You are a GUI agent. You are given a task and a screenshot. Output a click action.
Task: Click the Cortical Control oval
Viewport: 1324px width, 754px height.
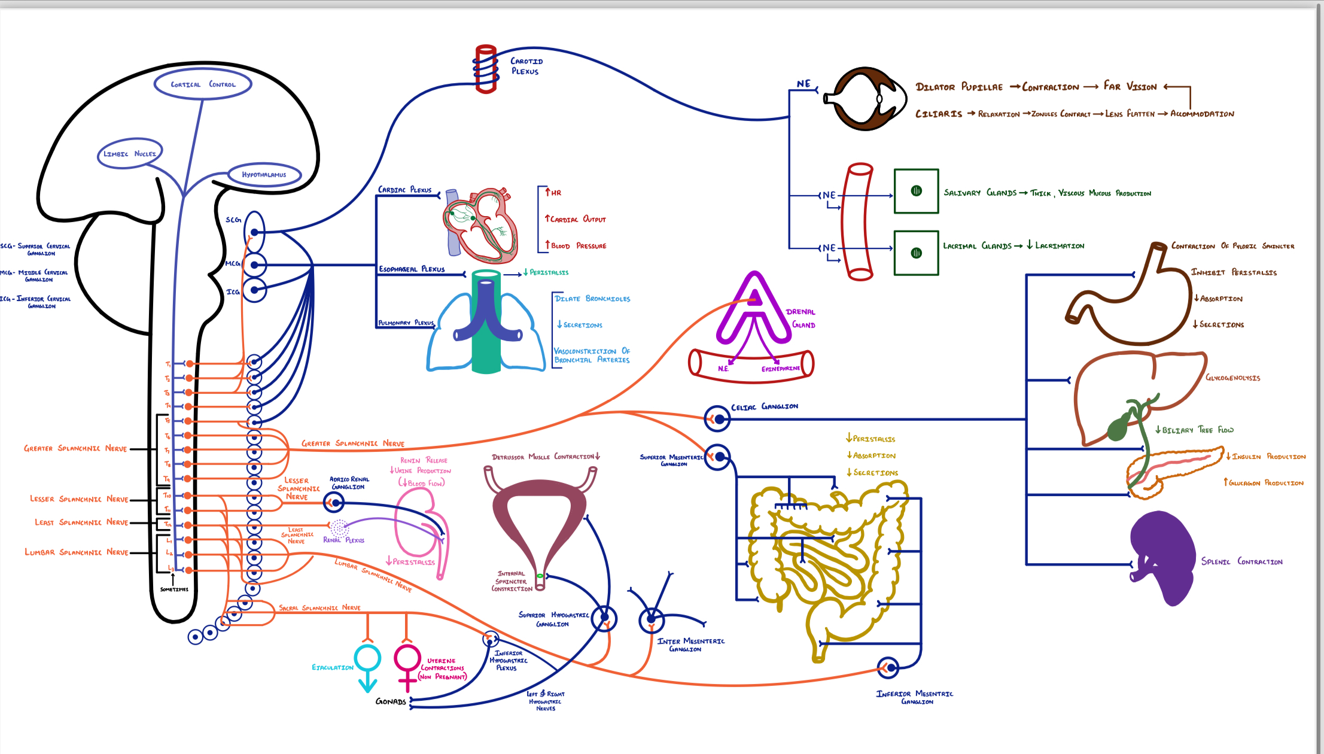203,84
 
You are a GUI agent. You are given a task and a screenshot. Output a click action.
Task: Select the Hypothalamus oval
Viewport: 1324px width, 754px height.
264,175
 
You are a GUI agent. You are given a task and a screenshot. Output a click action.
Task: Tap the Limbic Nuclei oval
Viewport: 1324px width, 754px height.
129,154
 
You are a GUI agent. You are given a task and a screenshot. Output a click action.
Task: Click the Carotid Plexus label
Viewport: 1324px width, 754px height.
526,66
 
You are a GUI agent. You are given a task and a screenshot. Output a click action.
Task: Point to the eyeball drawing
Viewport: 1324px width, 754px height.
865,99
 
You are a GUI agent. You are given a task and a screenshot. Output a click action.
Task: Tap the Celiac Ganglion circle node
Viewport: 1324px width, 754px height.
718,419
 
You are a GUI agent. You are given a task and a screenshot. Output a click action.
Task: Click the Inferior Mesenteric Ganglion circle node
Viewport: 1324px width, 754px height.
889,667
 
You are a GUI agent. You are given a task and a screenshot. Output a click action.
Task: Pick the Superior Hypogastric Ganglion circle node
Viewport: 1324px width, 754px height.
604,618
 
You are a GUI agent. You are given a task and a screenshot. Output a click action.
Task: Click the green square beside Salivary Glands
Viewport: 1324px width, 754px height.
916,191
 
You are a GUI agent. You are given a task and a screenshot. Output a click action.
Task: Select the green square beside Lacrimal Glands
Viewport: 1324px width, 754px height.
916,253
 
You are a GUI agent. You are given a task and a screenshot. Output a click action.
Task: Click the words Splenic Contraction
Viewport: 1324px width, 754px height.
1241,561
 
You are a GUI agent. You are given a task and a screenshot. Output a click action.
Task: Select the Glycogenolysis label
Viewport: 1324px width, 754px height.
1232,378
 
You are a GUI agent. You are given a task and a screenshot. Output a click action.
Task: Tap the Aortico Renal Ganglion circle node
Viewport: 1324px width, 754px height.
334,502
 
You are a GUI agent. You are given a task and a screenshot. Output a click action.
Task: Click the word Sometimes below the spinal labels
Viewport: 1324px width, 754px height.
174,589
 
